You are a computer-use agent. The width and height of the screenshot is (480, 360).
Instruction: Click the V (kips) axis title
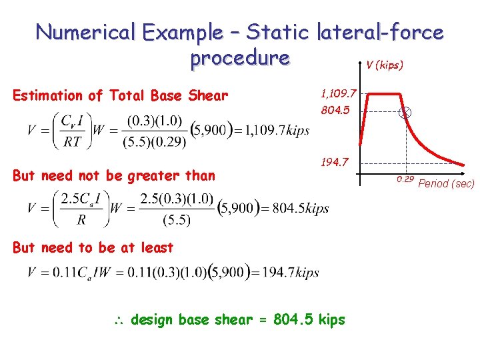click(383, 66)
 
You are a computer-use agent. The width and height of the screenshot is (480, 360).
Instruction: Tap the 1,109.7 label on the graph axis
click(339, 95)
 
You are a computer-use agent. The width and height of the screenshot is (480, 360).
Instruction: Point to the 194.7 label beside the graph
click(335, 163)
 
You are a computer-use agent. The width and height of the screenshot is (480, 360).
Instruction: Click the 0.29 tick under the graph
click(405, 179)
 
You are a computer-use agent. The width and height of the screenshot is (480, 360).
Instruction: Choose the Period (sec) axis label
click(447, 183)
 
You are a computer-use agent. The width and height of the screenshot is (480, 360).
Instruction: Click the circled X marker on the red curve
click(405, 113)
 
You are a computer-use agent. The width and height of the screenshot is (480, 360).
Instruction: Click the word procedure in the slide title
click(240, 58)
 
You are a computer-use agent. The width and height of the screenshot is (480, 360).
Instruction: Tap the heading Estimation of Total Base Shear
click(120, 96)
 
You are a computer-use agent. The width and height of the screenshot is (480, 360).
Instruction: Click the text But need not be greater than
click(114, 176)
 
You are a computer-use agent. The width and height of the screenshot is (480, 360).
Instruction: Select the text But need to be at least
click(93, 248)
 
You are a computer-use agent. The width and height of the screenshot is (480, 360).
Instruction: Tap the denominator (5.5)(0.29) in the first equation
click(154, 142)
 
